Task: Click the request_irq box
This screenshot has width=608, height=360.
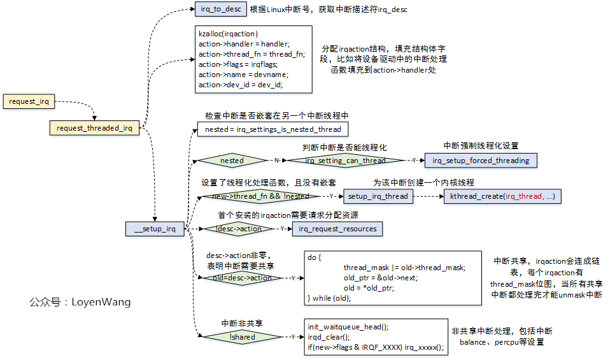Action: (29, 101)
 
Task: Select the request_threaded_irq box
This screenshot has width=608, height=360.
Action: (94, 128)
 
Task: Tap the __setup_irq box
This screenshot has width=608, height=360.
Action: (155, 229)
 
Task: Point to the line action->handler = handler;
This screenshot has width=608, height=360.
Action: (244, 44)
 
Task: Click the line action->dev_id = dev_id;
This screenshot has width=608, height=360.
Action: (241, 85)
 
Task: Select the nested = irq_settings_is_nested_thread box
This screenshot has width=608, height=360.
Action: (273, 129)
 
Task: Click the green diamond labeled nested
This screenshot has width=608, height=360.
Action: (232, 161)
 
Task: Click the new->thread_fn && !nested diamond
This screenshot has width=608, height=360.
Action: (260, 196)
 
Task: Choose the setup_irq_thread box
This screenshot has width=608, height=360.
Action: (378, 196)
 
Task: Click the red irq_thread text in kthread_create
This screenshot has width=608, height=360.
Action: (521, 196)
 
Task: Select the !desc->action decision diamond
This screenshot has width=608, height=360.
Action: (239, 229)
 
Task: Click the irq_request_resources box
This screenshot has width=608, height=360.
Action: (337, 229)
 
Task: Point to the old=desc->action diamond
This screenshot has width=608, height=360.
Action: (243, 278)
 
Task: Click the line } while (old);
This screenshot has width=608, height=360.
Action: (329, 298)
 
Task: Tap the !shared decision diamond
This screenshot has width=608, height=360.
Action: (243, 337)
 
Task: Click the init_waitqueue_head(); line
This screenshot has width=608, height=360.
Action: (348, 327)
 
